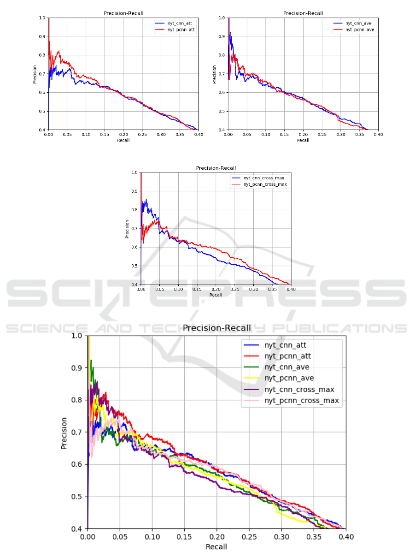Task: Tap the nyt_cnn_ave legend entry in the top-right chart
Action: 354,22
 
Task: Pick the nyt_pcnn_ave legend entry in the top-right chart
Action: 355,29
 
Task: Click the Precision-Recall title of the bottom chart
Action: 216,328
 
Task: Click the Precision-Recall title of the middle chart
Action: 216,168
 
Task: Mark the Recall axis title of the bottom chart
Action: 216,547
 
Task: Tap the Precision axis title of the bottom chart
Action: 65,433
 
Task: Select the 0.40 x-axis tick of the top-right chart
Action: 378,135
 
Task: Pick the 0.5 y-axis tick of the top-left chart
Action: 42,111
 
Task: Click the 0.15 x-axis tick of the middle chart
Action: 197,289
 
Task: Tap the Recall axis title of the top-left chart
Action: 123,140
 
